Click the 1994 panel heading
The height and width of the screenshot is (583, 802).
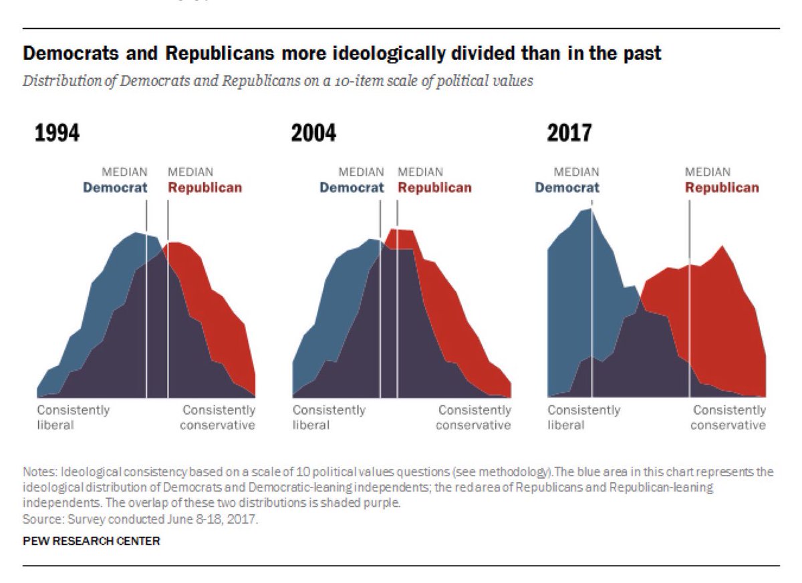57,134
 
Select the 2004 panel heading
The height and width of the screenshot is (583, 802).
313,134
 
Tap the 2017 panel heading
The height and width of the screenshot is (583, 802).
569,134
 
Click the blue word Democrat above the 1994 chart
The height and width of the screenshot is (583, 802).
115,188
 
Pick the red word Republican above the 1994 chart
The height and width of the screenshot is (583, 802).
205,188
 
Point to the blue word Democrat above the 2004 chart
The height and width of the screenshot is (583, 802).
352,188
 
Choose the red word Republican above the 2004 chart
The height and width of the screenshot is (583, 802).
434,188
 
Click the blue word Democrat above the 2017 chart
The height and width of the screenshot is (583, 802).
567,188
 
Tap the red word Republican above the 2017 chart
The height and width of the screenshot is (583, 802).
722,188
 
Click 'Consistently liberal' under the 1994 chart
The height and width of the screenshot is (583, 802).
73,417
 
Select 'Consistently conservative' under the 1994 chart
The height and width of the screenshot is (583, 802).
219,417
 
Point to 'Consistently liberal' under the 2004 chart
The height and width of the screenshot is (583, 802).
329,417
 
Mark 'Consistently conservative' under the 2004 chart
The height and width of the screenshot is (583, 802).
475,417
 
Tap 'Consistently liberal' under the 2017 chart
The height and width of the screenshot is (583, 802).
584,417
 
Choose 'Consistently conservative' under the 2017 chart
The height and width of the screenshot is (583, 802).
729,417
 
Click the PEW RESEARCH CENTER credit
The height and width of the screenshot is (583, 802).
92,541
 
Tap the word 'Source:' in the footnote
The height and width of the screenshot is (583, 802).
39,518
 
